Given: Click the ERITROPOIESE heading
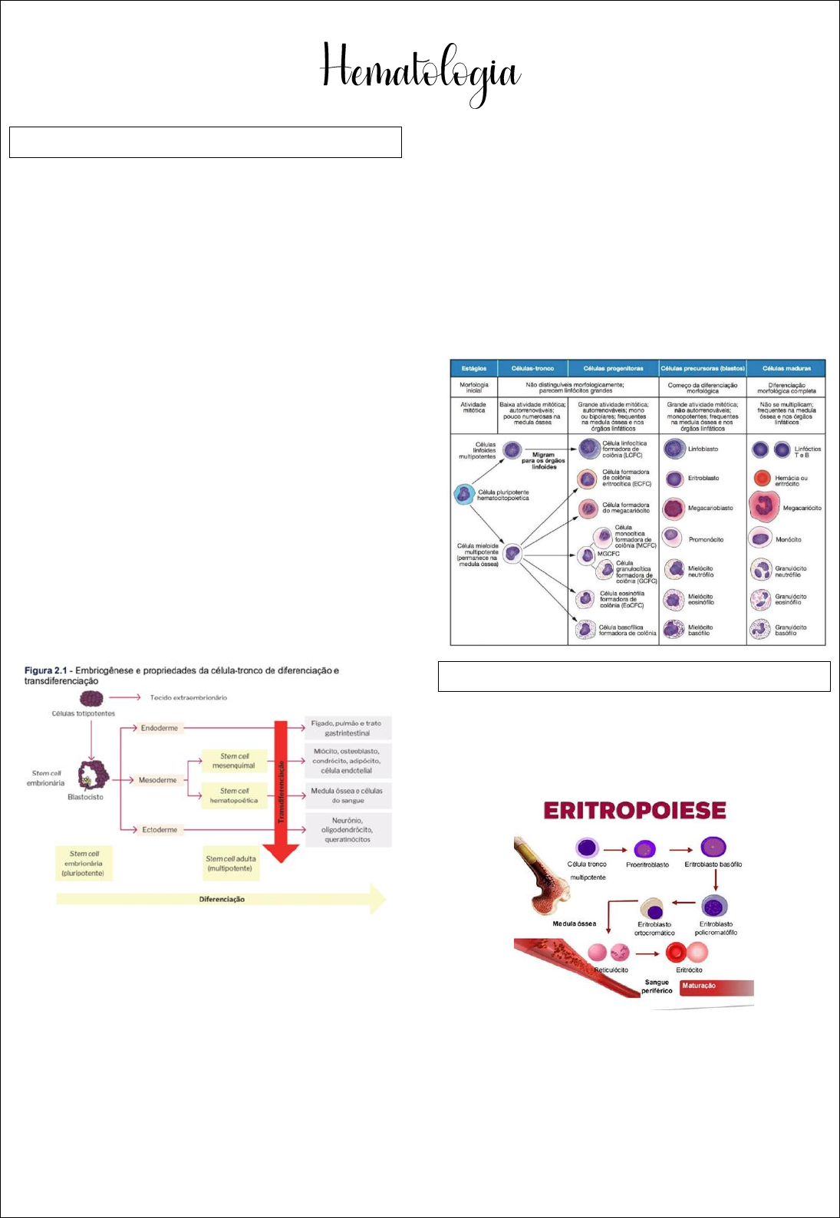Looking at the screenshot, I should click(634, 811).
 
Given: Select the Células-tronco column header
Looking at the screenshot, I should click(532, 369).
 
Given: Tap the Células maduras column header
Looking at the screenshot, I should click(786, 369).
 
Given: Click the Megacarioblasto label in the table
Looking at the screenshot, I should click(710, 509).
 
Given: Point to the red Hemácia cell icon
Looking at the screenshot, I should click(761, 479).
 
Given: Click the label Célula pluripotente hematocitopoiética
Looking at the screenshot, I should click(503, 495).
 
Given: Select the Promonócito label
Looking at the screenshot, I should click(706, 540).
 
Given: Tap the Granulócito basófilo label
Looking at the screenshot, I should click(791, 630).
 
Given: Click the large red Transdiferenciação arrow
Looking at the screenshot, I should click(282, 790).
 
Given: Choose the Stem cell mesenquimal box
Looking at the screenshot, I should click(234, 761).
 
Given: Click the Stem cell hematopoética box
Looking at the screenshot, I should click(234, 795).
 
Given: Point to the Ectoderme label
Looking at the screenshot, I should click(160, 830).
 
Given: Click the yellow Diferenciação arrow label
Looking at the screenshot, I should click(222, 899).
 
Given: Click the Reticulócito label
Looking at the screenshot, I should click(611, 970).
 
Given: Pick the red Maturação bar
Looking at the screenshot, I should click(716, 986).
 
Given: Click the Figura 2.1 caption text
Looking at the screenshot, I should click(181, 676).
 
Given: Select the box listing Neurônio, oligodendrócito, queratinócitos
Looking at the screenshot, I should click(348, 830).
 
